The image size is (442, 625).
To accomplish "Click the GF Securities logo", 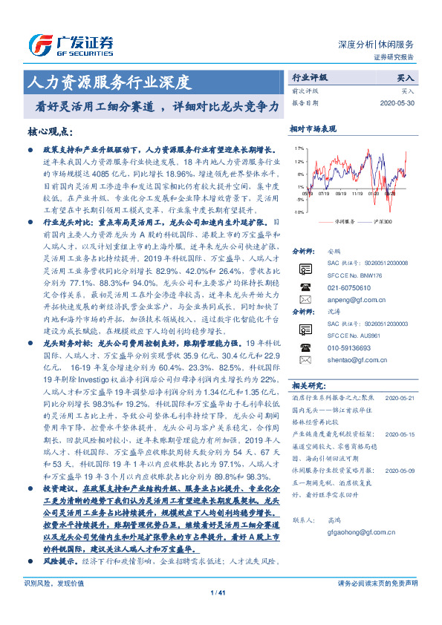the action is pos(71,43).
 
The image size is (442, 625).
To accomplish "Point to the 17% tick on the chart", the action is pos(299,148).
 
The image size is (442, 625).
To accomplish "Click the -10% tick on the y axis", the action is pos(298,212).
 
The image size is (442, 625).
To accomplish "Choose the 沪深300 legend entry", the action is pos(380,221).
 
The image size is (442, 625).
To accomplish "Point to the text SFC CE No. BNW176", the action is pos(354,274).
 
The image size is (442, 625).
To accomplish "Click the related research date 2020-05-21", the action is pos(403,397).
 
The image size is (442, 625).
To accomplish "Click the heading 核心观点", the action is pos(51,131).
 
